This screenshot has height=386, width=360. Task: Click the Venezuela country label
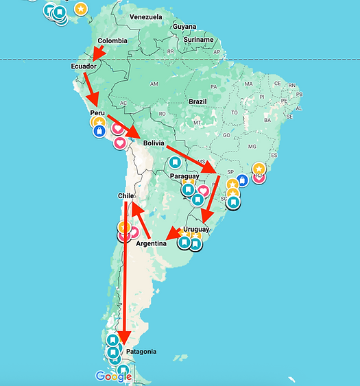pyautogui.click(x=146, y=16)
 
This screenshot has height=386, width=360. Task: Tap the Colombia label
pyautogui.click(x=112, y=40)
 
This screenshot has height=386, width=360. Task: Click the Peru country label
pyautogui.click(x=97, y=112)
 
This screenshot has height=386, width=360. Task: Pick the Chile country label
pyautogui.click(x=125, y=196)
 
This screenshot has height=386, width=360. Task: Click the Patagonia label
pyautogui.click(x=141, y=352)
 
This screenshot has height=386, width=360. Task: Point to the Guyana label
pyautogui.click(x=184, y=27)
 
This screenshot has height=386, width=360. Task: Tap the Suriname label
pyautogui.click(x=200, y=40)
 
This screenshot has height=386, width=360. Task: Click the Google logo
pyautogui.click(x=114, y=376)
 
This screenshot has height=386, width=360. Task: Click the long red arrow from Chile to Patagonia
pyautogui.click(x=125, y=274)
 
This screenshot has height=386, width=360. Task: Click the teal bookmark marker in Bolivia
pyautogui.click(x=176, y=162)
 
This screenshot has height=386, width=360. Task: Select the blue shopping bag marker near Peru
pyautogui.click(x=99, y=130)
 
